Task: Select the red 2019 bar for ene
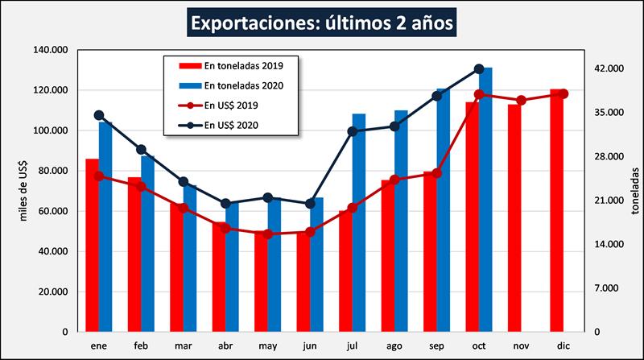coord(92,245)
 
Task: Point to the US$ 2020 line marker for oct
coord(479,69)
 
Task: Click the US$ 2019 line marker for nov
coord(521,101)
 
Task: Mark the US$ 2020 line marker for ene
coord(99,115)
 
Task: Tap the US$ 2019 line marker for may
coord(268,234)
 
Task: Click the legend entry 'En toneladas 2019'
coord(241,64)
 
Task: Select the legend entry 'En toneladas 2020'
coord(241,85)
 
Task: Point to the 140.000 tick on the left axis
coord(50,50)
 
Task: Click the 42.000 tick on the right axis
coord(609,69)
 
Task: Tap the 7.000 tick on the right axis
coord(606,288)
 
